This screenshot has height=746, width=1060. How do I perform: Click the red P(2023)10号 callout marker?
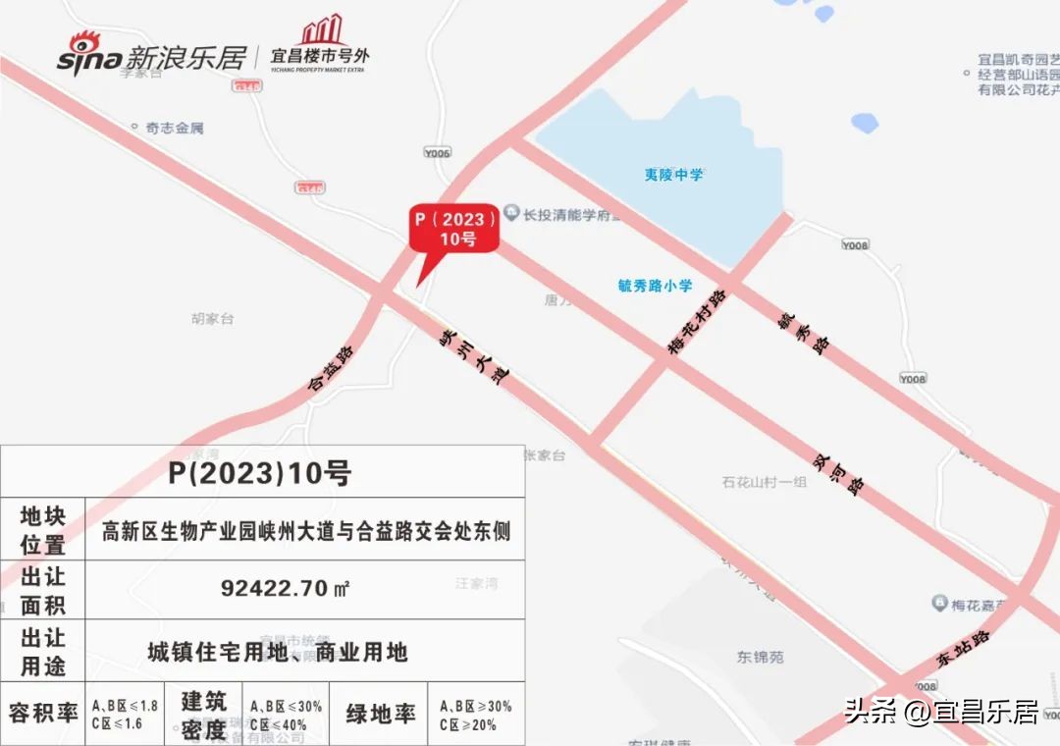[453, 229]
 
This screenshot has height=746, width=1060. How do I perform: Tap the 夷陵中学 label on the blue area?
[673, 175]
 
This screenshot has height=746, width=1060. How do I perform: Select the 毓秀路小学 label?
[655, 286]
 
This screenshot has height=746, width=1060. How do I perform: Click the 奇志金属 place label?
[174, 128]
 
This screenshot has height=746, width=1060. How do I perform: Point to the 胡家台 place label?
[213, 319]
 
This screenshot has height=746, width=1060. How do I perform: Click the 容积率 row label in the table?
[43, 713]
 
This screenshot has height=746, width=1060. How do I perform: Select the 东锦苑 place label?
[761, 657]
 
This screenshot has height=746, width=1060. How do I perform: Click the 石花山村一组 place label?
[764, 482]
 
